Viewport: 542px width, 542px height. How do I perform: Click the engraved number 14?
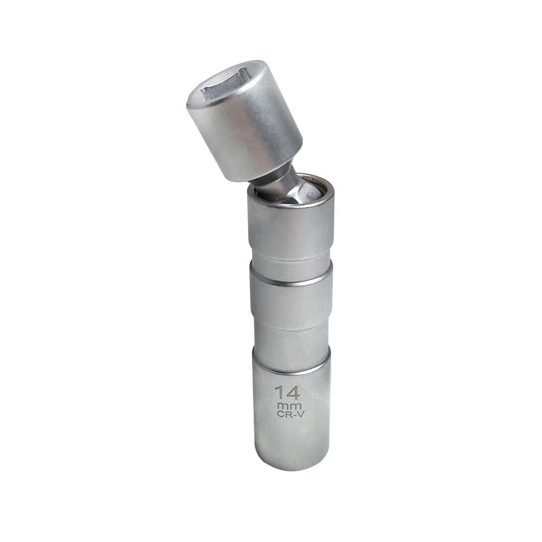coord(287,392)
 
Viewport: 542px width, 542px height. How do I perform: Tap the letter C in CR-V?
coord(279,415)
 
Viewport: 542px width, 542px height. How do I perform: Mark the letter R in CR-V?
coord(285,415)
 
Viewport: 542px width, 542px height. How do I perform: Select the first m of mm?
coord(282,405)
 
